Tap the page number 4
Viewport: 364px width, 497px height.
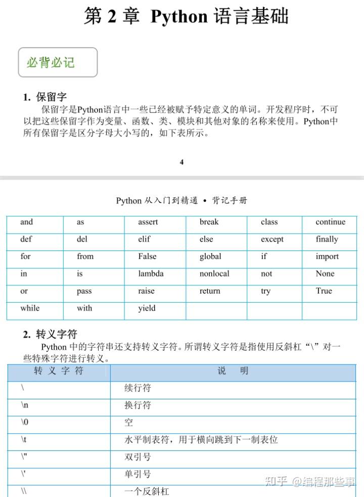click(x=181, y=162)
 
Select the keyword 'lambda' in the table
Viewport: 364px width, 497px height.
click(x=151, y=274)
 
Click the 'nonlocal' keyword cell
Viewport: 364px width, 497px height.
click(x=214, y=274)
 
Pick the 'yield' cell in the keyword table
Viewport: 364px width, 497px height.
click(x=147, y=308)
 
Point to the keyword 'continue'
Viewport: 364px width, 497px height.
click(x=330, y=222)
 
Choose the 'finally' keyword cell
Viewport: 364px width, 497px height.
click(x=327, y=239)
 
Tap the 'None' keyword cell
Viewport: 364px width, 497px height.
click(x=325, y=274)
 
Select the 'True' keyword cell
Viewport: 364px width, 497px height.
click(x=324, y=291)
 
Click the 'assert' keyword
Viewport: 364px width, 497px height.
click(x=148, y=222)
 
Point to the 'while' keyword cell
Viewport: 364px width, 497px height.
click(x=30, y=308)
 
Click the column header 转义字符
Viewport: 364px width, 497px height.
click(x=59, y=371)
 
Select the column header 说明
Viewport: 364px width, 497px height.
click(x=233, y=371)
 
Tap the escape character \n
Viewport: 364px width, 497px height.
click(x=25, y=405)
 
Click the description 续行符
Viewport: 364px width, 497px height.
click(x=138, y=388)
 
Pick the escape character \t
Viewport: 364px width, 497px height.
click(x=24, y=440)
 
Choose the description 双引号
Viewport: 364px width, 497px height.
click(x=138, y=457)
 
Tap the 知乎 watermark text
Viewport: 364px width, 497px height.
click(x=277, y=482)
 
